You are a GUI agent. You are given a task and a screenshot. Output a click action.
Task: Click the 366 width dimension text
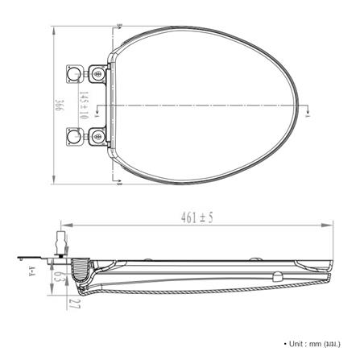click(x=60, y=106)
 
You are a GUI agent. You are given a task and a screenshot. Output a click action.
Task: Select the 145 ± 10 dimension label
click(x=84, y=105)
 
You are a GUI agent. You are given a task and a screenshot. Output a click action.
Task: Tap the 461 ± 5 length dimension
click(x=197, y=217)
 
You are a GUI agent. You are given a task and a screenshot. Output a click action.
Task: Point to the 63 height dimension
click(x=56, y=276)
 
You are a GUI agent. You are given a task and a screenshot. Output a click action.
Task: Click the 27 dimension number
click(x=74, y=304)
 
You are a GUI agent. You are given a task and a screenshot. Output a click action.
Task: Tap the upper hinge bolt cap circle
click(x=72, y=73)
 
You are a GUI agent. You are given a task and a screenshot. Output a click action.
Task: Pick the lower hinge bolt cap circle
click(x=72, y=136)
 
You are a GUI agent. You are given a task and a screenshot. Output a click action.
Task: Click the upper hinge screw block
click(x=97, y=73)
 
